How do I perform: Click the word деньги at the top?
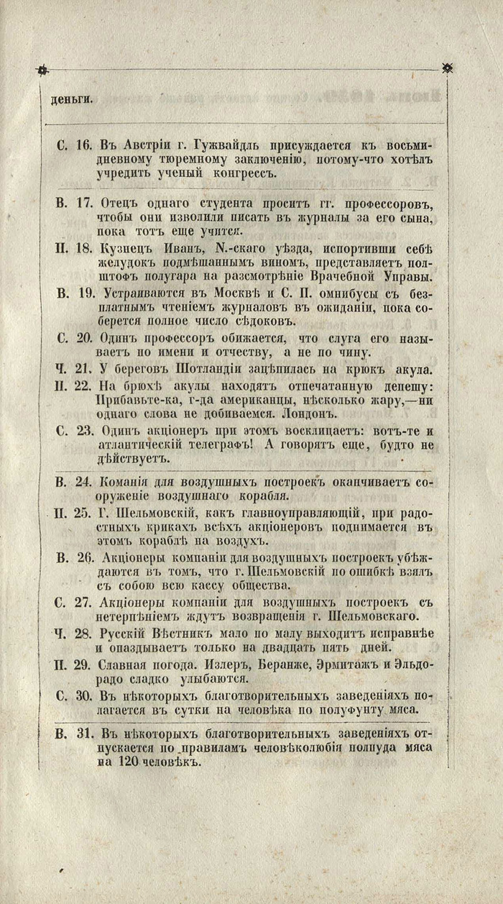point(71,99)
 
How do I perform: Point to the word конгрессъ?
point(256,173)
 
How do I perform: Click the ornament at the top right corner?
point(448,68)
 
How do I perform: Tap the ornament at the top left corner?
point(42,70)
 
